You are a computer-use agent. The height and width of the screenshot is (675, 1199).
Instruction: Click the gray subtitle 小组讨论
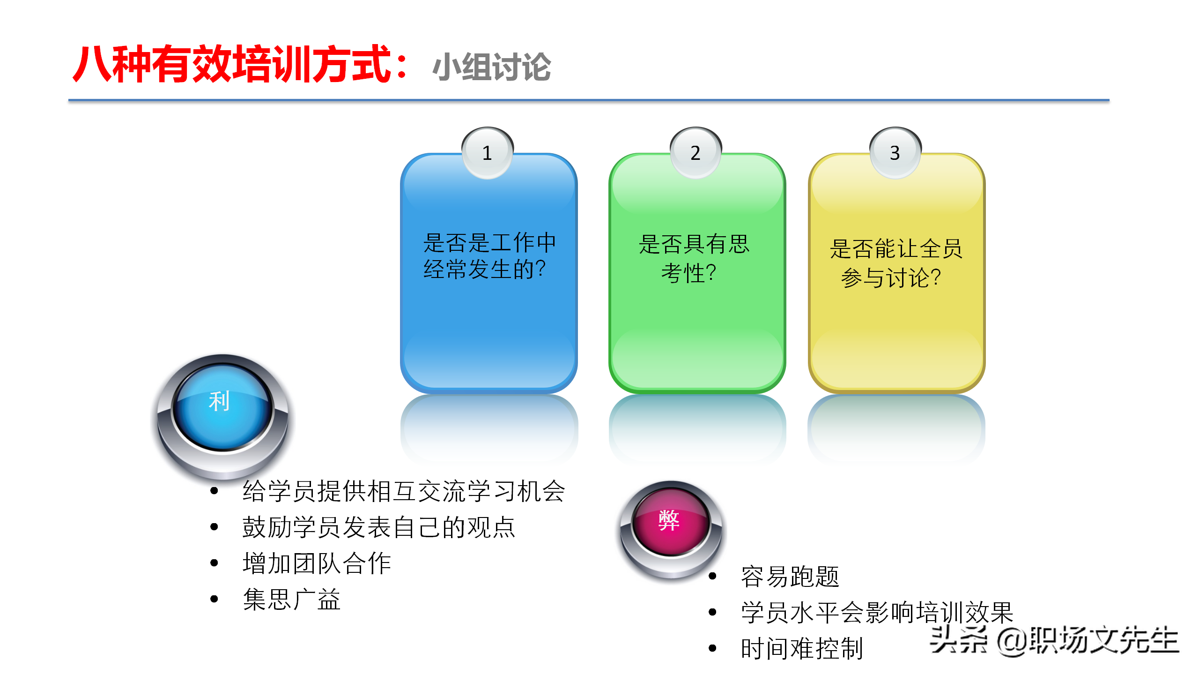click(492, 67)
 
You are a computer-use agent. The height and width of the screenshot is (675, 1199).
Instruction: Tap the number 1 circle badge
click(487, 153)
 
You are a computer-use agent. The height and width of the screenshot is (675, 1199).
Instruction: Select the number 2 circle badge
click(696, 153)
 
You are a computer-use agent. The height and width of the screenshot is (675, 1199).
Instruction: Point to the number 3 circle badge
click(895, 153)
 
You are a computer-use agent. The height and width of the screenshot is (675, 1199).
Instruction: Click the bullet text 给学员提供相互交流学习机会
click(404, 491)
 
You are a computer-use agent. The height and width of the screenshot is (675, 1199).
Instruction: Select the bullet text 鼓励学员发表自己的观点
click(378, 527)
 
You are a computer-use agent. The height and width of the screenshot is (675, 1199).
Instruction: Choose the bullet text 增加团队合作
click(317, 563)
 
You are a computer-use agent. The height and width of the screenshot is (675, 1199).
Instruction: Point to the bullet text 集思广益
click(291, 599)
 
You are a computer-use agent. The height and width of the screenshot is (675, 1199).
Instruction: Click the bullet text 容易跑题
click(790, 576)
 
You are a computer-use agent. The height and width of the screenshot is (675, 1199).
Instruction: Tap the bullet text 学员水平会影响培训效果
click(877, 612)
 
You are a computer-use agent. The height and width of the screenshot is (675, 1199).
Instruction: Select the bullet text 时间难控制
click(802, 649)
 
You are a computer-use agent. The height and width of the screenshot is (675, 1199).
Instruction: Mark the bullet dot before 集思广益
click(215, 599)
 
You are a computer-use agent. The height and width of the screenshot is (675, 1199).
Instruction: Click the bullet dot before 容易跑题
click(713, 576)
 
